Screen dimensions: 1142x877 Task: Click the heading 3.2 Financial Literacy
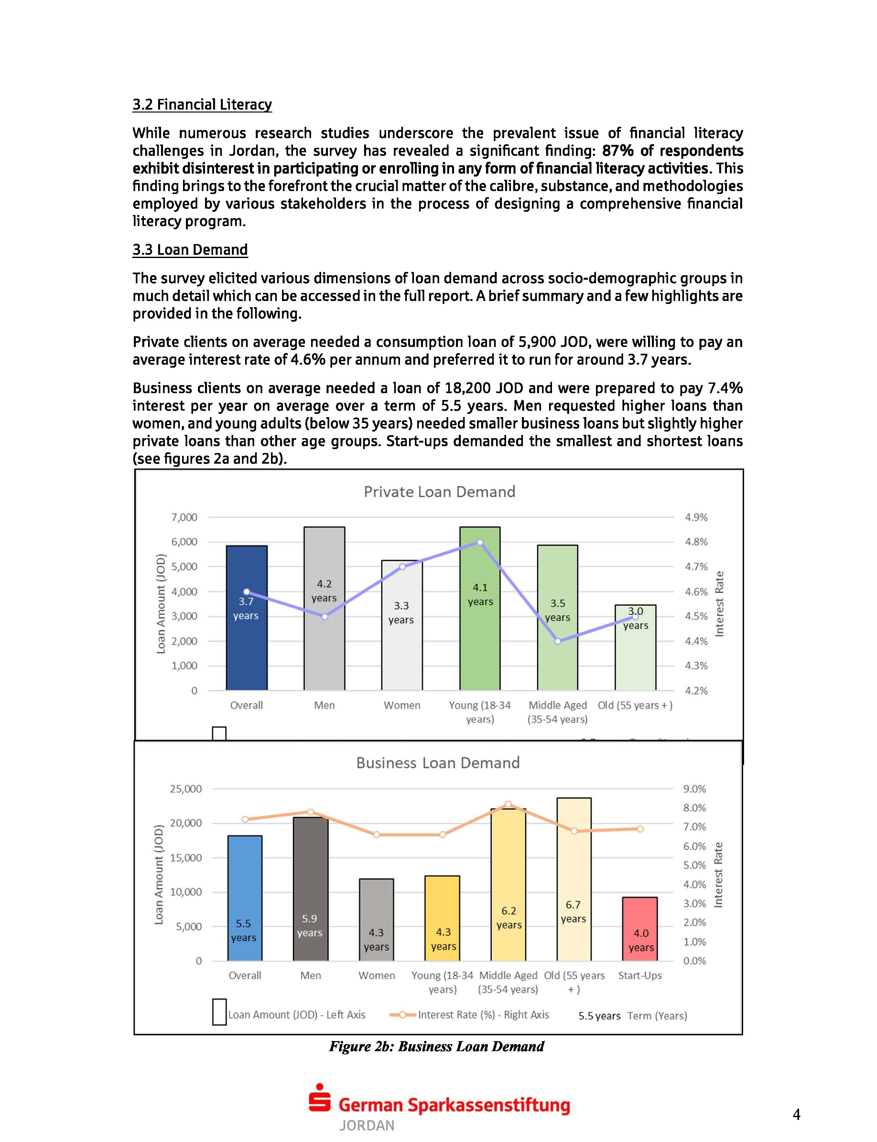[202, 104]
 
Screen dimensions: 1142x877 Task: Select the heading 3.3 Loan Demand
[190, 250]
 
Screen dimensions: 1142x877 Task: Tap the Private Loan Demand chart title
[439, 492]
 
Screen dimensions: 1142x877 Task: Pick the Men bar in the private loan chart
[324, 642]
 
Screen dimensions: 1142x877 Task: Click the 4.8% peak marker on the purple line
[480, 542]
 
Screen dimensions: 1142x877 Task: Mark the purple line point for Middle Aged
[558, 641]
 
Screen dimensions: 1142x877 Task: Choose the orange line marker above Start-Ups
[640, 829]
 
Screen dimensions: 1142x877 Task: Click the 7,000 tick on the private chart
[184, 517]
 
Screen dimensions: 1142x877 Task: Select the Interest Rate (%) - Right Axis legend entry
[483, 1015]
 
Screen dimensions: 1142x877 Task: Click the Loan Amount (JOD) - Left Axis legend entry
[296, 1015]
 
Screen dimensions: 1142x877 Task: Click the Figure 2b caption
[437, 1047]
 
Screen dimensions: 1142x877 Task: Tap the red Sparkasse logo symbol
[319, 1098]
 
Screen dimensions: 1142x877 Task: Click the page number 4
[796, 1114]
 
